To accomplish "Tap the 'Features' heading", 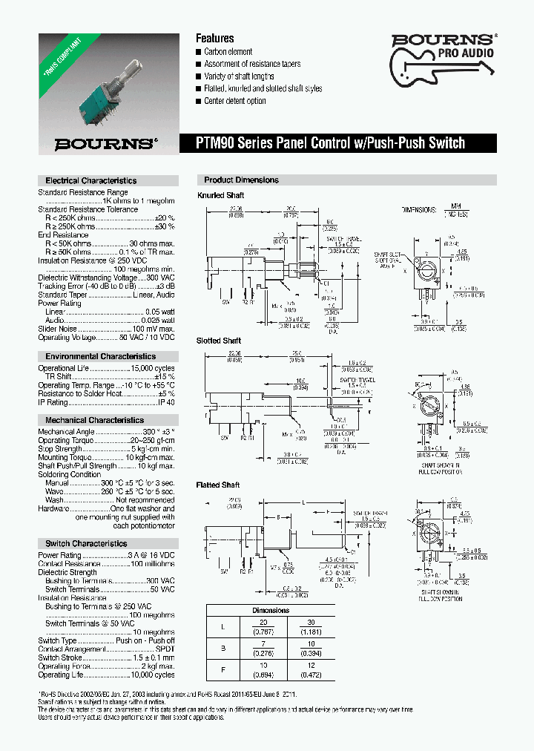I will tap(214, 39).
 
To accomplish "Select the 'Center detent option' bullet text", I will tap(234, 101).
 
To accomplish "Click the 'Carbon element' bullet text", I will tap(228, 51).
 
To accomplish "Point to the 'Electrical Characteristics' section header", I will tap(90, 180).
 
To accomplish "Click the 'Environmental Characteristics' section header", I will tap(94, 356).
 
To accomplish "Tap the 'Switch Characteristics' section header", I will tap(86, 544).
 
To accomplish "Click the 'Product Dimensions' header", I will tap(241, 180).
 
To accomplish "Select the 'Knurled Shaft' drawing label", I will tap(220, 195).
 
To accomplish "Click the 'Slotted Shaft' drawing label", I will tap(219, 341).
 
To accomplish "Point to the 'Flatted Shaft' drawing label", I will tap(218, 485).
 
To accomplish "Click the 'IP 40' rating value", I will tap(166, 402).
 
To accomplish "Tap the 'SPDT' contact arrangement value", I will tap(165, 649).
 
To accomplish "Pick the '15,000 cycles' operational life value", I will tap(152, 368).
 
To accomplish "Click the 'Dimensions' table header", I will tap(271, 610).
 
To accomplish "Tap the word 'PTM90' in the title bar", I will tap(215, 143).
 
